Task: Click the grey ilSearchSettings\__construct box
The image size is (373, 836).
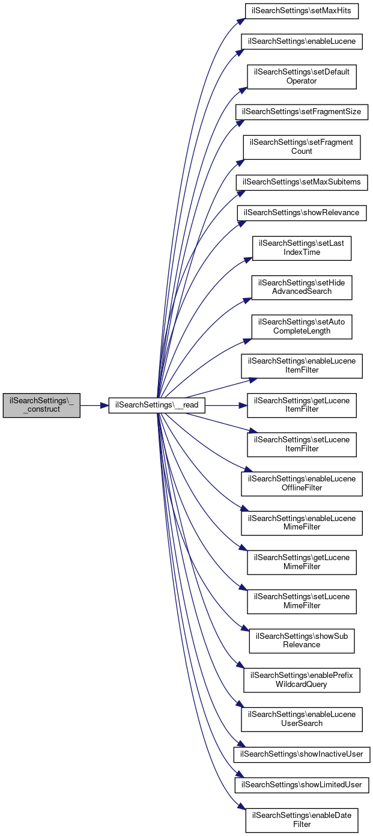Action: pyautogui.click(x=41, y=406)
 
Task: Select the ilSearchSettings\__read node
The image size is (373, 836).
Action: pyautogui.click(x=157, y=406)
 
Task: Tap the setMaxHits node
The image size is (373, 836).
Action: pyautogui.click(x=302, y=11)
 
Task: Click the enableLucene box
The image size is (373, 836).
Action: pyautogui.click(x=302, y=41)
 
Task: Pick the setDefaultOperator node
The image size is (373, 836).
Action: pyautogui.click(x=302, y=76)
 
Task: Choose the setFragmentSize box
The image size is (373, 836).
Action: pyautogui.click(x=302, y=112)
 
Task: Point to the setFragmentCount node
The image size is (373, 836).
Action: pyautogui.click(x=302, y=147)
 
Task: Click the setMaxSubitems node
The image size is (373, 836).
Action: pyautogui.click(x=302, y=182)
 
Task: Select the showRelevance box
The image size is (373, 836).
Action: pyautogui.click(x=302, y=213)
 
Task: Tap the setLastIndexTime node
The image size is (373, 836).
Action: pyautogui.click(x=302, y=248)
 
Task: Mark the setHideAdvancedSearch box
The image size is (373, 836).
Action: pyautogui.click(x=302, y=287)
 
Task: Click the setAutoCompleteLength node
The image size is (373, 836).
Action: pyautogui.click(x=302, y=327)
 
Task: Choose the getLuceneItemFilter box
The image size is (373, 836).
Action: pyautogui.click(x=302, y=406)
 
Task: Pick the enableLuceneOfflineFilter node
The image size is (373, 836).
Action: pyautogui.click(x=302, y=484)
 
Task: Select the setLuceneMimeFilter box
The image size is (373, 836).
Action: pyautogui.click(x=302, y=602)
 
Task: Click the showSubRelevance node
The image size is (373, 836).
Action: pyautogui.click(x=302, y=641)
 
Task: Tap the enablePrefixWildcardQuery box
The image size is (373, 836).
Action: pyautogui.click(x=302, y=680)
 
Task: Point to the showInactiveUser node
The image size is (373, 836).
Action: pyautogui.click(x=302, y=754)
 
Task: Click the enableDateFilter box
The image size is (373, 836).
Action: pyautogui.click(x=302, y=820)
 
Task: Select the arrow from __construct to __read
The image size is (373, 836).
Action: pyautogui.click(x=94, y=406)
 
